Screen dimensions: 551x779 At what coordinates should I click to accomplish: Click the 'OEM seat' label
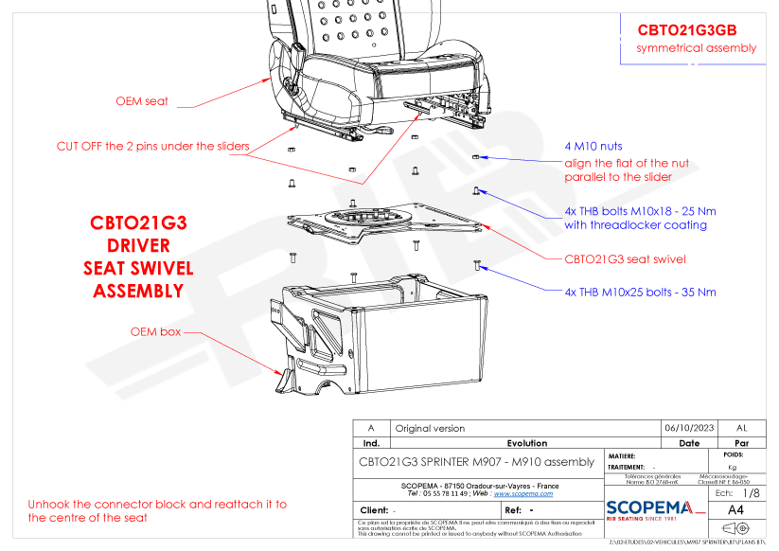click(x=142, y=101)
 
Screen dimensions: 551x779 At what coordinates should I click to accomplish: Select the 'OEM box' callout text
click(x=155, y=332)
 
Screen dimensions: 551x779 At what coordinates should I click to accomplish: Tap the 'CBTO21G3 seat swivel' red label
click(x=625, y=258)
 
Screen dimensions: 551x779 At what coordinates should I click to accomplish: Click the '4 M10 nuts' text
click(x=593, y=147)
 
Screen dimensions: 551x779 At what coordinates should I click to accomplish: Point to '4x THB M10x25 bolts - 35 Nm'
click(x=640, y=292)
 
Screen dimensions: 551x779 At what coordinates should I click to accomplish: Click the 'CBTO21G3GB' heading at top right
click(x=687, y=29)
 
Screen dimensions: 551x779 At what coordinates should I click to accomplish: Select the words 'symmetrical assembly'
click(x=697, y=48)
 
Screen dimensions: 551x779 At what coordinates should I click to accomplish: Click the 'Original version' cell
click(x=430, y=428)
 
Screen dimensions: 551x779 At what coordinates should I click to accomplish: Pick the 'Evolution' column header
click(x=526, y=442)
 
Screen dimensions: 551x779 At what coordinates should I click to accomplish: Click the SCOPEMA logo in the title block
click(x=655, y=508)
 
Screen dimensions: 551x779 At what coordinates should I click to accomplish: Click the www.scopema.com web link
click(x=521, y=493)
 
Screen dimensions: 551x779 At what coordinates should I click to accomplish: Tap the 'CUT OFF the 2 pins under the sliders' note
click(x=152, y=146)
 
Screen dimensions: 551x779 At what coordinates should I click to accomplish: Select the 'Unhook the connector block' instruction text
click(x=156, y=511)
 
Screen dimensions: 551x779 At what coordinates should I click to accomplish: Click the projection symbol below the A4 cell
click(x=735, y=528)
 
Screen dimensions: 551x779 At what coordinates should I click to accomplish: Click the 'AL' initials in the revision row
click(x=741, y=428)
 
